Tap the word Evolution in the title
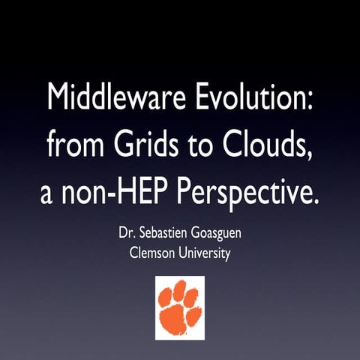(253, 97)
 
